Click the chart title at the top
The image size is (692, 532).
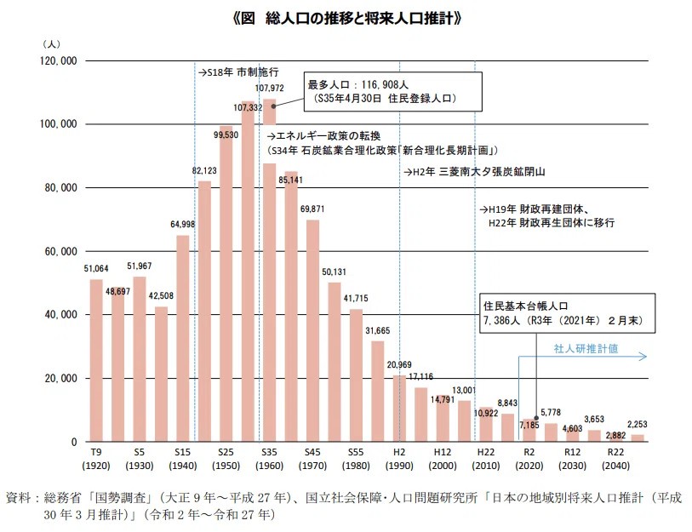tap(346, 17)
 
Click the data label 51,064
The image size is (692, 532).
tap(96, 268)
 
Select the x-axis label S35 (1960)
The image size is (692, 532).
tap(269, 460)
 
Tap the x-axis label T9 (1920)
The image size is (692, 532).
tap(96, 460)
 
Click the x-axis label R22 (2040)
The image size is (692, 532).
tap(616, 460)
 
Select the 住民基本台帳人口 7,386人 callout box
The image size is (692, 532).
tap(564, 315)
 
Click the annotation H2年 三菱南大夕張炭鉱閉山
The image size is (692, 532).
tap(473, 171)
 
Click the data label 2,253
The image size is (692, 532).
tap(638, 425)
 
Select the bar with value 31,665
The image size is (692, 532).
tap(377, 391)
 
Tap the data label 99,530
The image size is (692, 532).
tap(226, 134)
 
